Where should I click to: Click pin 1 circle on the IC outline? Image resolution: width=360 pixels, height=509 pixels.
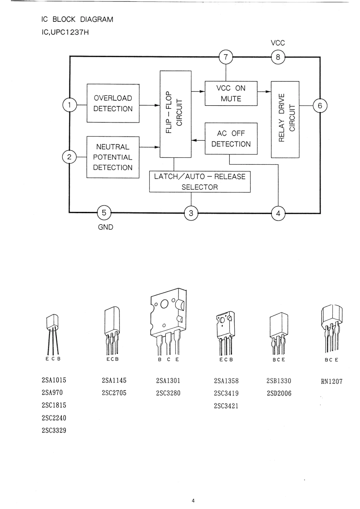click(69, 105)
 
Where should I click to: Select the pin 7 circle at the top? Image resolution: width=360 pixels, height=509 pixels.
click(226, 57)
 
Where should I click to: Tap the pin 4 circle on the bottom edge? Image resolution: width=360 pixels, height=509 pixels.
click(278, 213)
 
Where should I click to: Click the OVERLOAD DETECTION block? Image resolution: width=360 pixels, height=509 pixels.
click(113, 103)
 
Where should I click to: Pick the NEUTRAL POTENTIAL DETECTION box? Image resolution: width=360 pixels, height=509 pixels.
click(113, 157)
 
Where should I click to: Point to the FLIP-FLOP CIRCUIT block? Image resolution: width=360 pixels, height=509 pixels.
click(175, 114)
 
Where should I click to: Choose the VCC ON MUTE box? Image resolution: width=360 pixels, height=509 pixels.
click(231, 93)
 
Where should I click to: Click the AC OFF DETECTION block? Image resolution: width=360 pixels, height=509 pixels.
click(231, 139)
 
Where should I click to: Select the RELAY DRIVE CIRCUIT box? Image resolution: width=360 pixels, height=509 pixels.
click(285, 119)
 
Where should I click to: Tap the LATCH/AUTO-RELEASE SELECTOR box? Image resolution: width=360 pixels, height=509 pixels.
click(200, 182)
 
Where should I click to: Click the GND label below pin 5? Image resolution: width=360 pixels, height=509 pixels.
click(106, 227)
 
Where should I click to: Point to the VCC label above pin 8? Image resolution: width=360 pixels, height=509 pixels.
click(278, 43)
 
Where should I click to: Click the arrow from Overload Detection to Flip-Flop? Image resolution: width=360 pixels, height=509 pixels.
click(150, 105)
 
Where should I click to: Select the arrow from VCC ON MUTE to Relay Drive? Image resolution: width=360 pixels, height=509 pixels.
click(264, 92)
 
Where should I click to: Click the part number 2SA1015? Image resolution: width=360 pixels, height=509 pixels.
click(54, 380)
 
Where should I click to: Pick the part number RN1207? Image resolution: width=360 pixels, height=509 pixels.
click(332, 382)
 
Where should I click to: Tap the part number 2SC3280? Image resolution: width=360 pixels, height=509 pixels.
click(168, 393)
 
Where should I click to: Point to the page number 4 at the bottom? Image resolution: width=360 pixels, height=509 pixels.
click(193, 500)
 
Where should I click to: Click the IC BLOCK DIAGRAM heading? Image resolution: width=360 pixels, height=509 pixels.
click(77, 20)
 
